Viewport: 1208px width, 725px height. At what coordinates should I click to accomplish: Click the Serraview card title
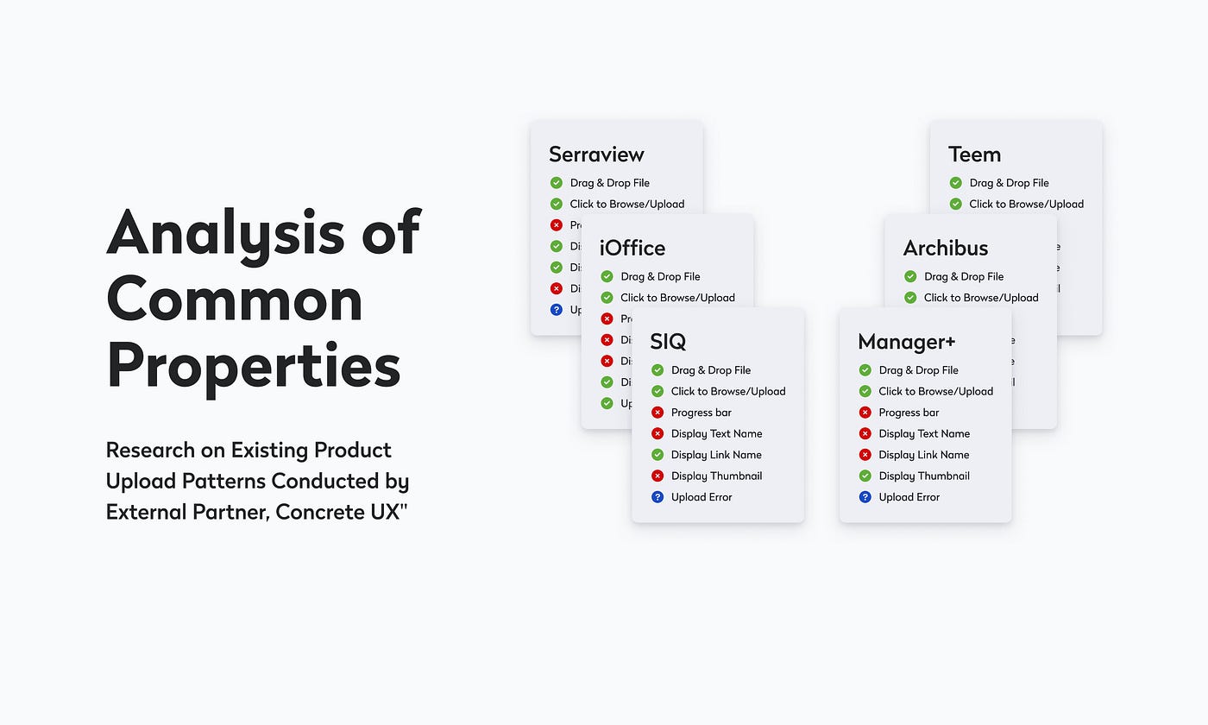pos(596,154)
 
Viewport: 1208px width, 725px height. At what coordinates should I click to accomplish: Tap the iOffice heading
pos(632,249)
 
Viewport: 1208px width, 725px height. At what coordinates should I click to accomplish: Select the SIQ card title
pos(668,342)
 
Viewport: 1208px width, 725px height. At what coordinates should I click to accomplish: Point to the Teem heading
pos(974,154)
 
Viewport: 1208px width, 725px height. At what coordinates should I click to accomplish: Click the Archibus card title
pos(946,249)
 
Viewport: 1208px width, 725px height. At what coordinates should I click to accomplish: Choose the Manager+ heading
pos(907,342)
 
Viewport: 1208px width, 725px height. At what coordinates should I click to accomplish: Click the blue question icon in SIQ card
pos(657,497)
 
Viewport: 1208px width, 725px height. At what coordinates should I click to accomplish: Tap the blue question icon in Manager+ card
pos(865,497)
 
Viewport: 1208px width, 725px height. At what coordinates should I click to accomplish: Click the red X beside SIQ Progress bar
pos(657,413)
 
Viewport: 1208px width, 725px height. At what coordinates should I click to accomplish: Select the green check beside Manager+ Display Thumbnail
pos(865,476)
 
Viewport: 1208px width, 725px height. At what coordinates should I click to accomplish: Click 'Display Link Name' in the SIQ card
pos(716,455)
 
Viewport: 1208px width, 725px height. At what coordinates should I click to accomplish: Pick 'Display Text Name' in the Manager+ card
pos(924,433)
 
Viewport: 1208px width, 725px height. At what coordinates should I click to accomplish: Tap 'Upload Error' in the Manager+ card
pos(909,497)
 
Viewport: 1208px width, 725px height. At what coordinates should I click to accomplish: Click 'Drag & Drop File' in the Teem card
pos(1009,183)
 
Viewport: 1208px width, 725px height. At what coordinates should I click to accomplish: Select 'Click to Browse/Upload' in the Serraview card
pos(626,204)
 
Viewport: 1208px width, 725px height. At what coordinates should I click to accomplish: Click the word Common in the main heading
pos(234,300)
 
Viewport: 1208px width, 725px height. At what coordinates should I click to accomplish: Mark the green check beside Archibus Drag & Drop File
pos(910,276)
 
